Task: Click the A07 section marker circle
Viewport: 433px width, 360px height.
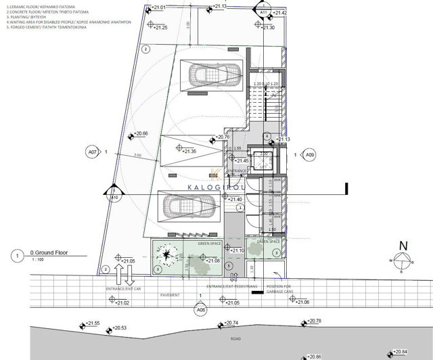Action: point(93,153)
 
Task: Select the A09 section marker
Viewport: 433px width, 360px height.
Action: point(310,155)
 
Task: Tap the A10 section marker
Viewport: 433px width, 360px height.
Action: point(114,198)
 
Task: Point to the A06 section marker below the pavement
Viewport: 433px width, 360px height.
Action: point(200,309)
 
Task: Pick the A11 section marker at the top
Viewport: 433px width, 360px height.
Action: point(263,12)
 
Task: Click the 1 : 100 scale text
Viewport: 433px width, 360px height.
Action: point(38,261)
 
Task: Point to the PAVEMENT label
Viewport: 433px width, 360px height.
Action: point(171,296)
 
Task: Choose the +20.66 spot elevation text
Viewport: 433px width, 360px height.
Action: point(140,133)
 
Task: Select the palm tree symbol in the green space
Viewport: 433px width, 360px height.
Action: point(166,255)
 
